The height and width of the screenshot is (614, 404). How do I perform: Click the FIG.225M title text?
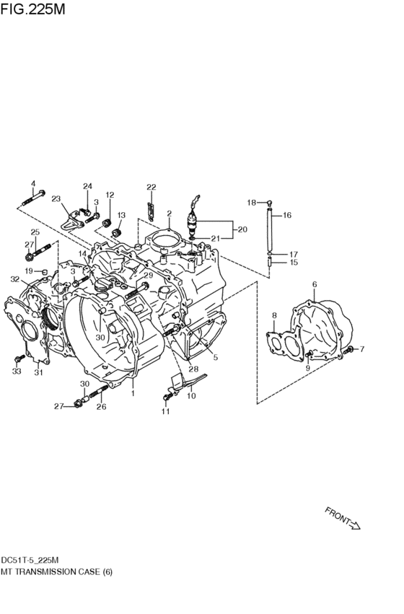33,9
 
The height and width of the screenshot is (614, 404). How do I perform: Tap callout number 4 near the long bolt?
33,183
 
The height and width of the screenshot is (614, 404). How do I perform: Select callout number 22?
151,187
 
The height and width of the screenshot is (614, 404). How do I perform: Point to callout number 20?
242,229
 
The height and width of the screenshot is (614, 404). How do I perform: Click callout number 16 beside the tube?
287,215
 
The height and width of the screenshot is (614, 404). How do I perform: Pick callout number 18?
251,203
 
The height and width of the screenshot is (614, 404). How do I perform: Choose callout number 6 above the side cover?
315,284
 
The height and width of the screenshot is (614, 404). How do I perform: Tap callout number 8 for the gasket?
274,315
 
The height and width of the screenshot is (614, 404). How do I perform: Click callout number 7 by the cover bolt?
361,348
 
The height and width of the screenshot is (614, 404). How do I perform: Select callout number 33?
17,372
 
